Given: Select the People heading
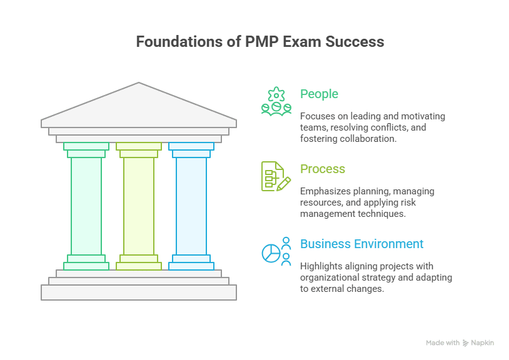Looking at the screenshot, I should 319,94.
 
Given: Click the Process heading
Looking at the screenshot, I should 322,169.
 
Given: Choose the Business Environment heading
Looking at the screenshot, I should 361,244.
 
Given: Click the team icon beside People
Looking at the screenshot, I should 276,101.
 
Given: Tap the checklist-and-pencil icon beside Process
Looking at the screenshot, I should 276,176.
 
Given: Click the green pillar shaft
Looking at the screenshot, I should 86,206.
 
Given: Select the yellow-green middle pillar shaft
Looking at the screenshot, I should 139,206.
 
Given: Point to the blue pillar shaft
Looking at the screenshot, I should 191,206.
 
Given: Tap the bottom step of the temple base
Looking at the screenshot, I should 139,292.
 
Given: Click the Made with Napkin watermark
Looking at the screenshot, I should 460,342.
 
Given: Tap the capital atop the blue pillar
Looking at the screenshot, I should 191,150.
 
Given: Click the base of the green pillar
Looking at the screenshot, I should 86,262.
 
